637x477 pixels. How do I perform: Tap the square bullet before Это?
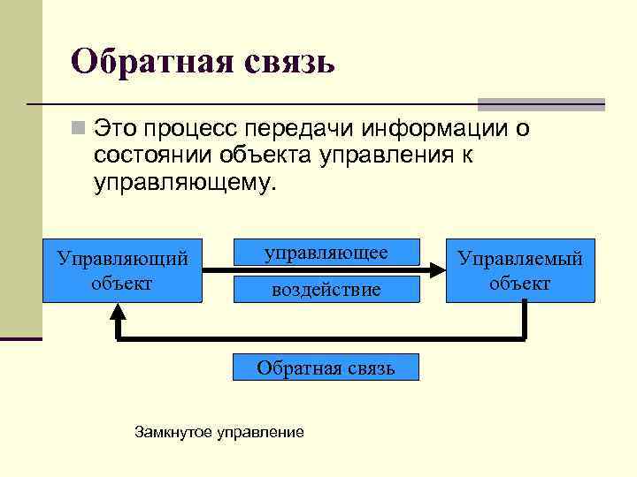80,131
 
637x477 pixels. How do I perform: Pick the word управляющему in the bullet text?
184,183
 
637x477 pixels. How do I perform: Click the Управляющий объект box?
122,270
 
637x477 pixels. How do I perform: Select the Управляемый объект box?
519,270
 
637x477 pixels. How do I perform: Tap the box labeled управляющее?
326,253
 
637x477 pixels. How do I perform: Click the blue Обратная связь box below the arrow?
326,367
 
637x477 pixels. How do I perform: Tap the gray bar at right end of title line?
541,103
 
